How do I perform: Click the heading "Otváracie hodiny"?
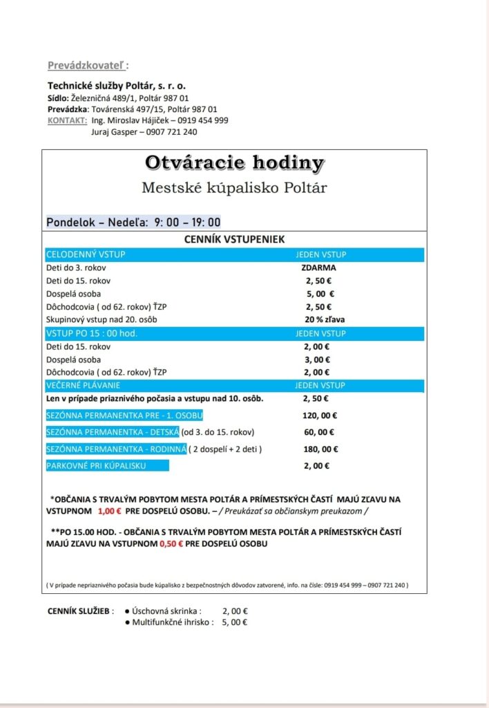(234, 163)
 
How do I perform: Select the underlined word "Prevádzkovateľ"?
(87, 66)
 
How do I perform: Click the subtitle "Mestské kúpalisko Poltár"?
(234, 187)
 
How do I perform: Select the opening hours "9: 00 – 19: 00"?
(187, 222)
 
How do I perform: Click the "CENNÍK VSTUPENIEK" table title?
(233, 240)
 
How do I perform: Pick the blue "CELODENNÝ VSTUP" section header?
(86, 254)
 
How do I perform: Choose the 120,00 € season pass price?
(320, 416)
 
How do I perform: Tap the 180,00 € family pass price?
(320, 449)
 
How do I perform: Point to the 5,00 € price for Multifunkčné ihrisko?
(235, 622)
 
